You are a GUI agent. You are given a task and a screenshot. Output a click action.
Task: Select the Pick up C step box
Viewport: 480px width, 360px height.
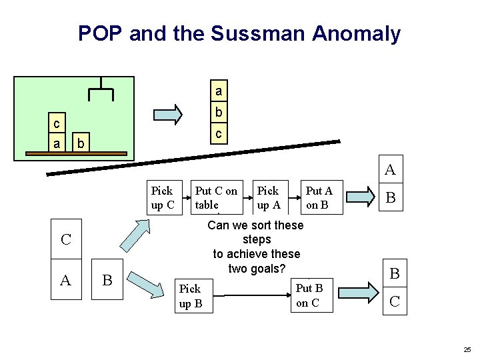click(162, 197)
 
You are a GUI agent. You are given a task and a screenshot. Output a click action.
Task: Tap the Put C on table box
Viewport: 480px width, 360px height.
click(216, 197)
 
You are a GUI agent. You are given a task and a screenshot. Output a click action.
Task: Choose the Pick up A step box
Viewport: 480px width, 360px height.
click(268, 197)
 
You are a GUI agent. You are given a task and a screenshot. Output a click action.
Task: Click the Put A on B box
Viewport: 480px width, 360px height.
click(319, 197)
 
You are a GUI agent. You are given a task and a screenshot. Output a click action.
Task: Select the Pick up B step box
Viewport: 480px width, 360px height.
click(190, 295)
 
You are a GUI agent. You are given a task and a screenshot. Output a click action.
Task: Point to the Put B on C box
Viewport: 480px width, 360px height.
click(308, 295)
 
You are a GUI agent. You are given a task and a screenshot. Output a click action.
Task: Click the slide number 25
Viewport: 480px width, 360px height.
click(467, 349)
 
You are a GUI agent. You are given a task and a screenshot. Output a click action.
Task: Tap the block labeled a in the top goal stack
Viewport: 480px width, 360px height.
click(218, 89)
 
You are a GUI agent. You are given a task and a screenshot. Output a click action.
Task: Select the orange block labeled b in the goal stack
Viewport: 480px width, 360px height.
click(218, 111)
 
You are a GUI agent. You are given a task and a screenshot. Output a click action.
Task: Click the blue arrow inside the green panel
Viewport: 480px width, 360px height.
click(167, 114)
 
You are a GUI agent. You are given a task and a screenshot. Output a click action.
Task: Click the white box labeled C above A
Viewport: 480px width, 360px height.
click(65, 239)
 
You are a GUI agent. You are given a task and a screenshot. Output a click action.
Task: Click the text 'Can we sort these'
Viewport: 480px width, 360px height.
click(255, 225)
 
